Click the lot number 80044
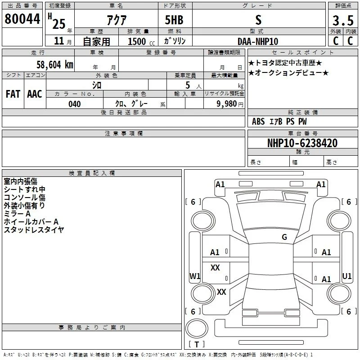pyautogui.click(x=22, y=19)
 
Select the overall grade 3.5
pyautogui.click(x=343, y=20)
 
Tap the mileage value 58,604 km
pyautogui.click(x=55, y=65)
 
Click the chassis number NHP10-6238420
pyautogui.click(x=302, y=143)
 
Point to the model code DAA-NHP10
pyautogui.click(x=258, y=41)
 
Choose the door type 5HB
pyautogui.click(x=174, y=20)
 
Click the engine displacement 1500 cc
pyautogui.click(x=141, y=42)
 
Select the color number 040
pyautogui.click(x=75, y=104)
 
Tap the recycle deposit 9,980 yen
pyautogui.click(x=230, y=104)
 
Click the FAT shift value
pyautogui.click(x=13, y=94)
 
